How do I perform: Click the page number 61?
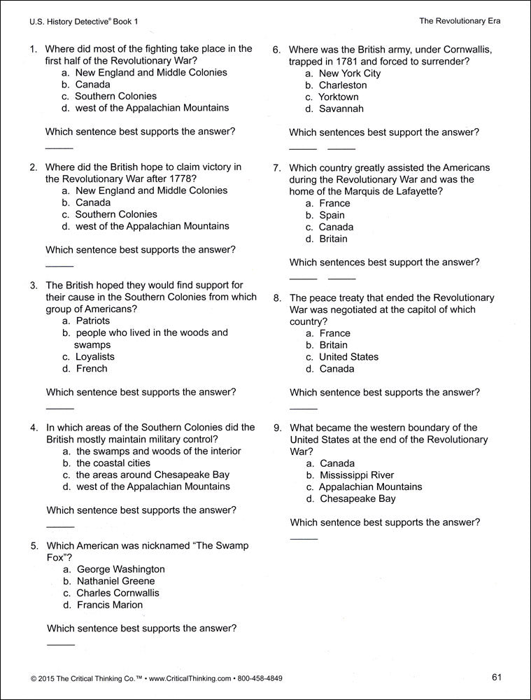(x=497, y=677)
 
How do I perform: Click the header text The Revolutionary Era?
(x=460, y=21)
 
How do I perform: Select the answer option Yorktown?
(x=338, y=97)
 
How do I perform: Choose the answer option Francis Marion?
(x=109, y=605)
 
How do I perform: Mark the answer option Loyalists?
(x=94, y=356)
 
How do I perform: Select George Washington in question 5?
(x=120, y=569)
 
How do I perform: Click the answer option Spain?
(x=333, y=215)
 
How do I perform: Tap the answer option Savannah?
(x=341, y=108)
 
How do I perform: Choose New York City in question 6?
(x=350, y=73)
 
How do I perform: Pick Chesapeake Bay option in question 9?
(x=357, y=498)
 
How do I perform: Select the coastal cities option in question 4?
(x=113, y=463)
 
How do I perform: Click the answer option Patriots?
(x=92, y=321)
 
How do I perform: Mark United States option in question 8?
(x=348, y=356)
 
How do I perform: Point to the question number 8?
(x=277, y=297)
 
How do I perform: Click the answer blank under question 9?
(x=304, y=538)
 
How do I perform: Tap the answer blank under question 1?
(x=59, y=148)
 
